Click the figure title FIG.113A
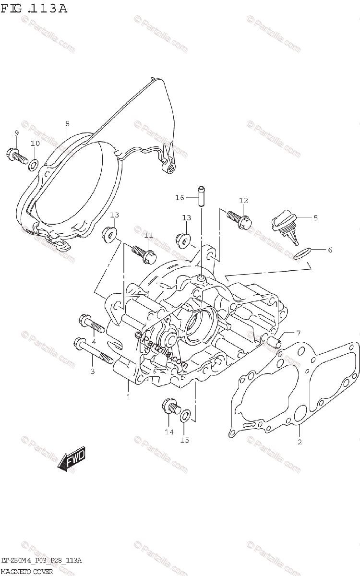click(34, 8)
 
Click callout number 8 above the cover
click(67, 124)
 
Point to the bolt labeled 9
click(16, 156)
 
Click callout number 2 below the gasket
click(300, 442)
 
